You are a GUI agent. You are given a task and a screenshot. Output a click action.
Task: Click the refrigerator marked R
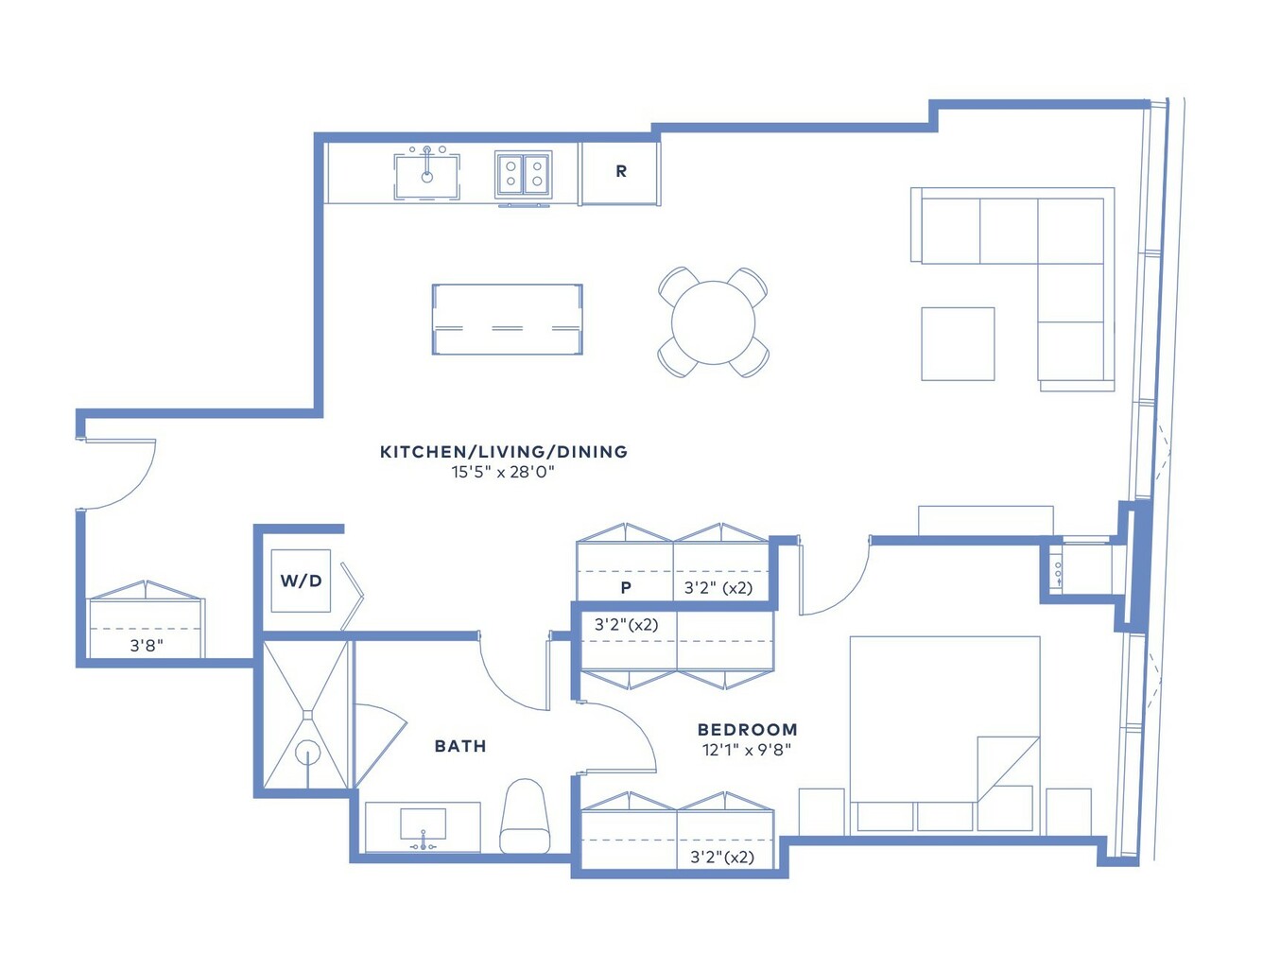pos(621,173)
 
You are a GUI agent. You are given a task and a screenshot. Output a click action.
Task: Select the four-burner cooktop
pos(524,174)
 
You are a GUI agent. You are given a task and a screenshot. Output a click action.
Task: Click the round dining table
pos(713,322)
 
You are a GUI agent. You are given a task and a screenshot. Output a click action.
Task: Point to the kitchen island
pos(508,319)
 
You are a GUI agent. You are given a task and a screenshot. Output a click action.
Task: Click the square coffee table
pos(958,344)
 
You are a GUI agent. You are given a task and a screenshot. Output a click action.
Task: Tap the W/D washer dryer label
pos(301,581)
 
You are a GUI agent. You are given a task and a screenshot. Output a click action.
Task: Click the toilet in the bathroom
pos(525,816)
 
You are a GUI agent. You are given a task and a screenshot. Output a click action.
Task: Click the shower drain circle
pos(307,754)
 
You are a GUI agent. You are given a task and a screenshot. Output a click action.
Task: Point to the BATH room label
pos(460,746)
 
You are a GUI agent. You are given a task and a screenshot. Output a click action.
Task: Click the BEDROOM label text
pos(748,729)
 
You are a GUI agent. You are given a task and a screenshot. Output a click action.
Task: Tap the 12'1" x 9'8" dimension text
pos(747,750)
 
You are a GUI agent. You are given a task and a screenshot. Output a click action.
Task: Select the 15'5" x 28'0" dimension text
pos(503,472)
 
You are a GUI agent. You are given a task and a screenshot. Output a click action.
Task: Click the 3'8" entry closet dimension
pos(147,645)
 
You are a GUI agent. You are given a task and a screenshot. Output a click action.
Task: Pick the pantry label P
pos(626,588)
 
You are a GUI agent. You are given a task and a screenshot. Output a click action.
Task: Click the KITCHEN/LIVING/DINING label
pos(504,452)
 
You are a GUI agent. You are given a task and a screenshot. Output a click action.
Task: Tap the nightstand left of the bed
pos(822,812)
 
